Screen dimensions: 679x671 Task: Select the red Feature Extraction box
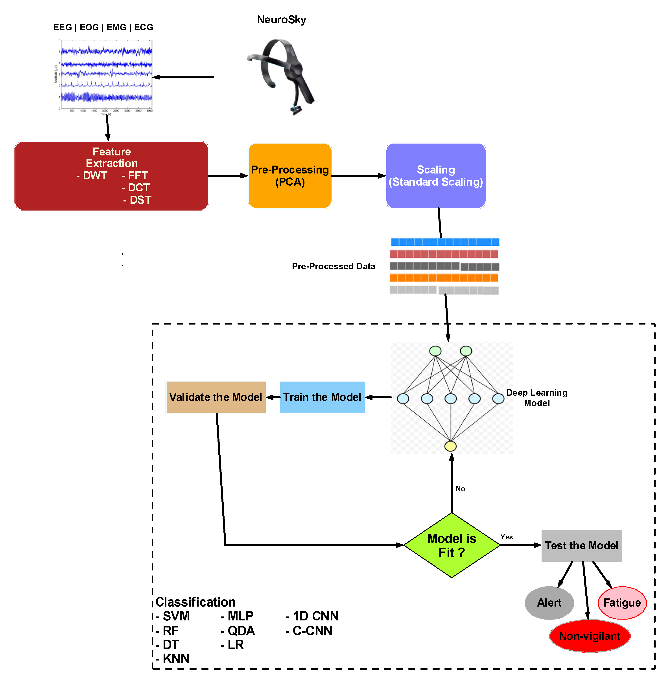point(111,175)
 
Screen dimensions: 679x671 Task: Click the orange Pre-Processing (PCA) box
point(290,175)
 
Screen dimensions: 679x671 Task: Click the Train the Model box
point(322,397)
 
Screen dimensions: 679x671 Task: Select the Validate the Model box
point(216,397)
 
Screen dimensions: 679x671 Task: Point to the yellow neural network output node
point(450,446)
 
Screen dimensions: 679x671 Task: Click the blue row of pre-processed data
point(445,242)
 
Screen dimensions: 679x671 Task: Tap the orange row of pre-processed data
point(444,278)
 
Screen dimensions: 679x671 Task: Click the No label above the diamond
point(460,489)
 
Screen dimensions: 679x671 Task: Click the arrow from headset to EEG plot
point(183,77)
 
